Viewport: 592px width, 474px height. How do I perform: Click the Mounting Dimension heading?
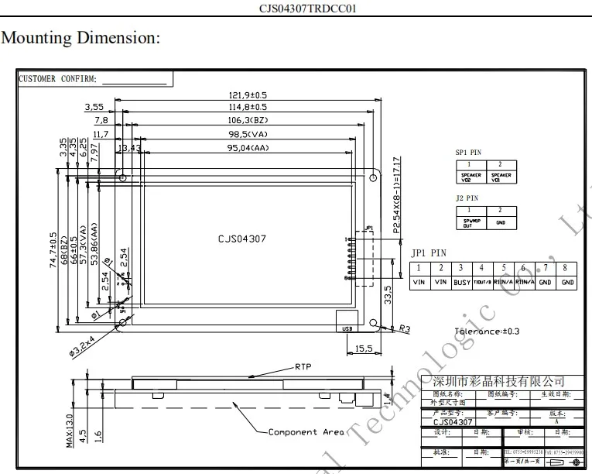tap(82, 38)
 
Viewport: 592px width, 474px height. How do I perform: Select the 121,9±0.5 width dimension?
tap(243, 95)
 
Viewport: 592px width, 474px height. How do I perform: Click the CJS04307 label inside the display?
tap(241, 239)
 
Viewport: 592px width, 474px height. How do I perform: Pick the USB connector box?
tap(345, 328)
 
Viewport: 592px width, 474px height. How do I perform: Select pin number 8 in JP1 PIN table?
tap(567, 268)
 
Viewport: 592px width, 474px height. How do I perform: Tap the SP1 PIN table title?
tap(468, 153)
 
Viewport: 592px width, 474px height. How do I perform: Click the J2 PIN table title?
tap(466, 198)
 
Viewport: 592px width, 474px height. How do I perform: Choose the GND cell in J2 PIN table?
tap(500, 222)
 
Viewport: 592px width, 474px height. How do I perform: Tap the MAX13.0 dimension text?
tap(70, 429)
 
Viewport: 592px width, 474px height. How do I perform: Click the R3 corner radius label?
tap(404, 328)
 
